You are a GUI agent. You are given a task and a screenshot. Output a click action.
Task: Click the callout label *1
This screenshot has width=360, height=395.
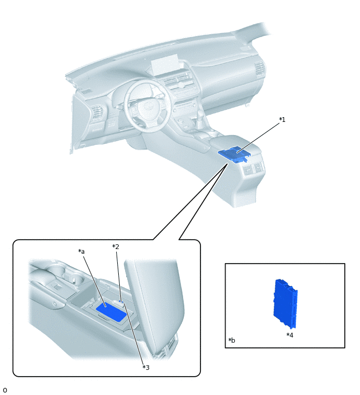point(282,120)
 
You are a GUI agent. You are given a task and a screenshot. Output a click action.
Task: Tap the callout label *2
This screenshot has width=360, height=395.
point(116,246)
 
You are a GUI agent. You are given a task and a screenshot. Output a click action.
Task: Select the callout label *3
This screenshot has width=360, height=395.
point(146,368)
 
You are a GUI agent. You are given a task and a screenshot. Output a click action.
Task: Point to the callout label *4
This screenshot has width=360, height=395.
point(290,335)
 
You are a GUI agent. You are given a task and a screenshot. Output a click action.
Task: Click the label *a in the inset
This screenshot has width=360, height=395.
point(82,252)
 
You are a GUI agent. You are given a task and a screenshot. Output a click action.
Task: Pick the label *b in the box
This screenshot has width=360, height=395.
point(231,341)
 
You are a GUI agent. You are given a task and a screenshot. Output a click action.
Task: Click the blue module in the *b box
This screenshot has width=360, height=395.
point(286,303)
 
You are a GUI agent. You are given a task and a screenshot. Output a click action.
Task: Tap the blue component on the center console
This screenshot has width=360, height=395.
point(234,154)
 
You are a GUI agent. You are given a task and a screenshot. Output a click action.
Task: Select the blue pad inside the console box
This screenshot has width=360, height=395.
point(111,312)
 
